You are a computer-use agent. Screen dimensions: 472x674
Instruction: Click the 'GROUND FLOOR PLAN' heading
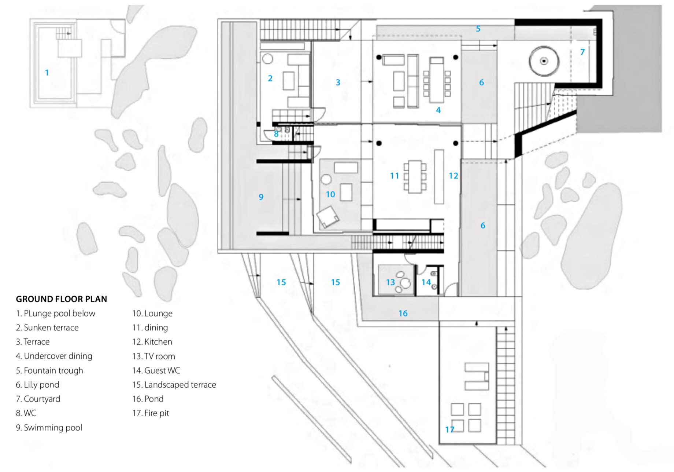[62, 299]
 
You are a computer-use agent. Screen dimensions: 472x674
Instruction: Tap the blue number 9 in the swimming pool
[261, 197]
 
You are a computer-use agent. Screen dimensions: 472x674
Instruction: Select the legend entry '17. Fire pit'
[151, 413]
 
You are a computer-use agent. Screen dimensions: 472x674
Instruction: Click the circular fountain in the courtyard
[544, 61]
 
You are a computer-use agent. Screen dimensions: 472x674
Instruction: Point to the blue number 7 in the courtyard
[582, 52]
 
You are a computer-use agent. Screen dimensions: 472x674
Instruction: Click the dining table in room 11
[415, 176]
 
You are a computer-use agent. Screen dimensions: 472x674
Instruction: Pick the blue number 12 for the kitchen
[453, 176]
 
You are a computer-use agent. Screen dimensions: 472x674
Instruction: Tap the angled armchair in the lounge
[328, 217]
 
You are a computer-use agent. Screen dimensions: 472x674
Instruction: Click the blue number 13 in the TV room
[390, 282]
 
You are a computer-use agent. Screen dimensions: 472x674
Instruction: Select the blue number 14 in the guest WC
[426, 282]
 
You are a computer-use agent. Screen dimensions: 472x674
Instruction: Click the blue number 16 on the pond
[403, 314]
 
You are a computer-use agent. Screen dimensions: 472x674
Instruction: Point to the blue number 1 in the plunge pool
[47, 73]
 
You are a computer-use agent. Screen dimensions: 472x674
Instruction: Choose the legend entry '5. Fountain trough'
[49, 370]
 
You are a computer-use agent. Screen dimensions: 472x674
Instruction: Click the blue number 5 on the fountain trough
[478, 29]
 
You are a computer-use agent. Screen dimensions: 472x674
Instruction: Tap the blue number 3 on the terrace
[338, 83]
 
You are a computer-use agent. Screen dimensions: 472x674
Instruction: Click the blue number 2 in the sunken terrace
[270, 78]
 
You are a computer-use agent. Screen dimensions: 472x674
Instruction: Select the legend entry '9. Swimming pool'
[49, 428]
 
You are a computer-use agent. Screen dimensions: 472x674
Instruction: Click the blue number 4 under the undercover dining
[438, 110]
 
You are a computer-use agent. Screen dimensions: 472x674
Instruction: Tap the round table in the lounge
[326, 180]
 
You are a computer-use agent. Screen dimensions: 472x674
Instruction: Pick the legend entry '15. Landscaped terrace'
[174, 385]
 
